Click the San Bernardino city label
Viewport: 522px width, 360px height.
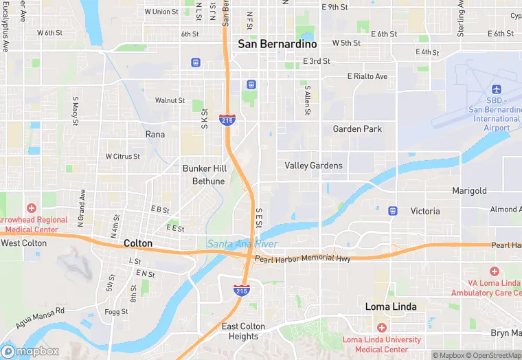pos(277,43)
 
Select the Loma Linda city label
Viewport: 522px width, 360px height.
pos(390,306)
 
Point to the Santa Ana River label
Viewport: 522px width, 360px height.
pos(242,244)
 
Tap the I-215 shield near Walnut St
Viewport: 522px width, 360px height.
pos(227,120)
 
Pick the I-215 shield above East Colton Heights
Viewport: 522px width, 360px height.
pos(241,291)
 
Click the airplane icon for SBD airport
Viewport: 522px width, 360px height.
pos(497,90)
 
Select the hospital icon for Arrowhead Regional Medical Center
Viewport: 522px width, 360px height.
pos(31,207)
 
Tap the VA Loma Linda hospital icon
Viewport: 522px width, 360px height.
pos(494,273)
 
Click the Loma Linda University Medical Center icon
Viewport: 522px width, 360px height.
pos(382,328)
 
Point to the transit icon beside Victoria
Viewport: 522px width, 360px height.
pos(392,210)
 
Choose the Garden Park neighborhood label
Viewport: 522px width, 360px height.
pos(357,128)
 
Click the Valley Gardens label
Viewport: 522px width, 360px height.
pos(313,166)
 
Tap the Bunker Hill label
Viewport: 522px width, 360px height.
pos(204,168)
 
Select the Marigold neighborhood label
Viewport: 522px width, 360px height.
pos(469,190)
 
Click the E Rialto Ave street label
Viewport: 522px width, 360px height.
pos(367,76)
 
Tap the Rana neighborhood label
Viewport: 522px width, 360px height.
pos(155,135)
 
